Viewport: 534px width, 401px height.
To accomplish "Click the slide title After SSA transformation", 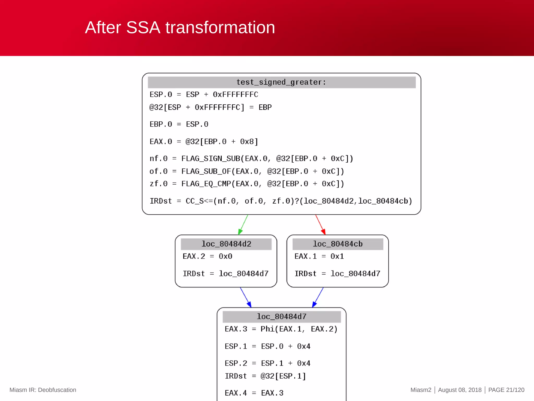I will pos(180,27).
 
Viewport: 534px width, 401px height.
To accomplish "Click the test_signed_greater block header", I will pos(281,82).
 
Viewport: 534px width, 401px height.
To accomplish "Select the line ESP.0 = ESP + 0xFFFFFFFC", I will pos(204,95).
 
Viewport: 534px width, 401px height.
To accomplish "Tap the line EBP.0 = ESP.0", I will pos(179,124).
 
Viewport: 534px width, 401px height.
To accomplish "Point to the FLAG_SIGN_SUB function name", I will pos(210,158).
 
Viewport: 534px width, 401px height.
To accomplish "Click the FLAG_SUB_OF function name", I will pos(206,171).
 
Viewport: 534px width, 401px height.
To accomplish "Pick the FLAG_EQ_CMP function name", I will pos(206,184).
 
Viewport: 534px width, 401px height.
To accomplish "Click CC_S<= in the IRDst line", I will pos(199,201).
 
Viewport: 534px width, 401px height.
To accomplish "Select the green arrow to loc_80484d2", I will pos(243,225).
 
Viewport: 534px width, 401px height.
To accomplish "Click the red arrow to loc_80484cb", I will pos(320,225).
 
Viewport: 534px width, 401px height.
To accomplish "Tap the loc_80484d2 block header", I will pos(226,244).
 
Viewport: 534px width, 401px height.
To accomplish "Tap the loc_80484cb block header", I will pos(338,244).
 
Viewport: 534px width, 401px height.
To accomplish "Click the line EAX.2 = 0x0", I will pos(207,256).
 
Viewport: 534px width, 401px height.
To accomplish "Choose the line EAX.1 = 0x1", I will pos(319,256).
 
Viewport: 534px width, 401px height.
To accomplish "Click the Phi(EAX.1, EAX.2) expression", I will pos(299,329).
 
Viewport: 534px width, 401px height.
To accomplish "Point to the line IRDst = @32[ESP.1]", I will pos(265,376).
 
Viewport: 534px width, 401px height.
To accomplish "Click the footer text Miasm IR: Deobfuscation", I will pos(43,390).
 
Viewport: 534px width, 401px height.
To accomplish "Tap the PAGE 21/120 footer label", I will pos(506,390).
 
